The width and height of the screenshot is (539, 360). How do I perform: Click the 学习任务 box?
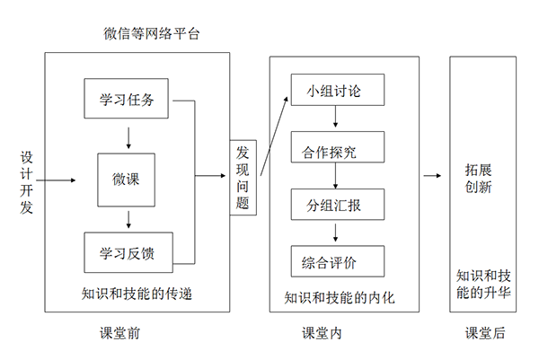point(127,100)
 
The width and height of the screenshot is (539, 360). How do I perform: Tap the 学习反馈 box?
point(127,252)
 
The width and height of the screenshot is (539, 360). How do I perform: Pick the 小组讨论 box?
point(336,91)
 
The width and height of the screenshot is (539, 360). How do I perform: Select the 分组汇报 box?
point(336,204)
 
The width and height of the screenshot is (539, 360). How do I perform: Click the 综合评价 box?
point(336,260)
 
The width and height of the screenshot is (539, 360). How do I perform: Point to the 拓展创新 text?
point(478,178)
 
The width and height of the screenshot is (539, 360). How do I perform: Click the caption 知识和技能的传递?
point(137,293)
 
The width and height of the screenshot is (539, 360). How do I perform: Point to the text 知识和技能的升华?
point(484,284)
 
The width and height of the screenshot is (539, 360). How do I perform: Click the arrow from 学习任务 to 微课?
point(129,136)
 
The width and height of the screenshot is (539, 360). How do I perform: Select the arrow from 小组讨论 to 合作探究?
point(335,118)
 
